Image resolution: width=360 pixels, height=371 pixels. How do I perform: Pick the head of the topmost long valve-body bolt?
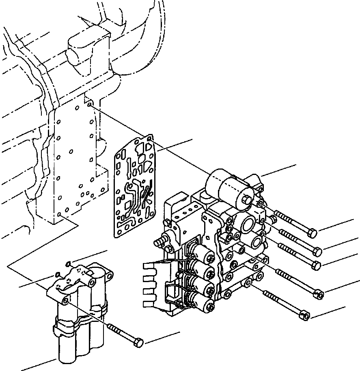[313, 233]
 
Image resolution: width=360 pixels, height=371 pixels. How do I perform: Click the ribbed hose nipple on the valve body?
[159, 242]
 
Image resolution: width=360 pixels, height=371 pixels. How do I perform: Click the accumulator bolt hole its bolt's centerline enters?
[66, 300]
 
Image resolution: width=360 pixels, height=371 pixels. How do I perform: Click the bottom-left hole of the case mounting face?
[59, 214]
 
